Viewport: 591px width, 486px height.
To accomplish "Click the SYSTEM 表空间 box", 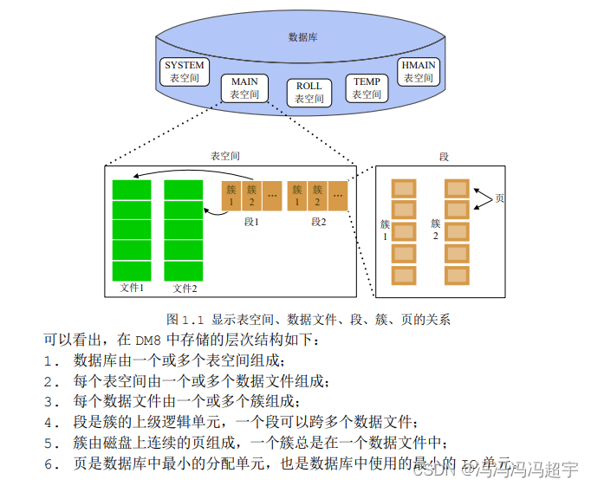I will [185, 71].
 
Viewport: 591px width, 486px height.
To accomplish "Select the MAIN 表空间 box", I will [244, 88].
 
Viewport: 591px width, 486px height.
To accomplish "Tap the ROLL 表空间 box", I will [308, 93].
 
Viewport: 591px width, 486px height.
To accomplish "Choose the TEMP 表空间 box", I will [367, 88].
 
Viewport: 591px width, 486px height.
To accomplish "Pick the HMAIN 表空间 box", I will [419, 71].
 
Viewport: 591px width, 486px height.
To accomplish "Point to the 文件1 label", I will [131, 288].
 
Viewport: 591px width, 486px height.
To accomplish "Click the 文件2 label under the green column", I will [184, 288].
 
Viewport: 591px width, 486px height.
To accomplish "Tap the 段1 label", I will [251, 222].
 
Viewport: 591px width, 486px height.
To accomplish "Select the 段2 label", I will [318, 222].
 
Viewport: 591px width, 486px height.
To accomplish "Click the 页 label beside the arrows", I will [499, 199].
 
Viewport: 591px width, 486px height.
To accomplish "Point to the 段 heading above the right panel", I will [444, 157].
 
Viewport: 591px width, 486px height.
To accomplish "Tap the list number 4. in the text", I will [51, 423].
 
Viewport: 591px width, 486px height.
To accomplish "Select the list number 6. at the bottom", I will [51, 464].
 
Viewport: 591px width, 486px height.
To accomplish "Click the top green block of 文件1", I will [131, 190].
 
